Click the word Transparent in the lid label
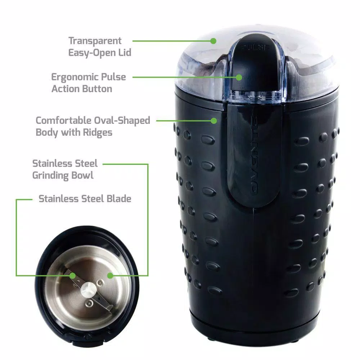(x=95, y=41)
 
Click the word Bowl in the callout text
(x=82, y=175)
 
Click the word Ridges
(x=98, y=132)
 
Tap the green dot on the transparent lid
(x=213, y=41)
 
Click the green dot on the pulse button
(x=239, y=77)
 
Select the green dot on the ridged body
(x=214, y=121)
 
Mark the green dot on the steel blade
(x=73, y=275)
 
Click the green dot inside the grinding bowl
(x=110, y=275)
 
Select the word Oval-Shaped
(x=122, y=121)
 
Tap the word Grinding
(x=50, y=176)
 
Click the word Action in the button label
(x=65, y=89)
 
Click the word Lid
(x=125, y=53)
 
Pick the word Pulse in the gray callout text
(x=113, y=77)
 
